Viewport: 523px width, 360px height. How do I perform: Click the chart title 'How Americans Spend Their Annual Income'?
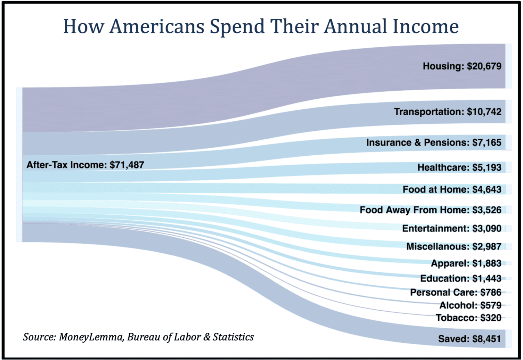pos(261,27)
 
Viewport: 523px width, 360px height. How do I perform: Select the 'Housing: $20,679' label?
pos(462,66)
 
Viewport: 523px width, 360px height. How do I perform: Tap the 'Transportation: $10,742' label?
pos(447,112)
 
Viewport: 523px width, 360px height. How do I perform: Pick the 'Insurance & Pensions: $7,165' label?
pos(433,142)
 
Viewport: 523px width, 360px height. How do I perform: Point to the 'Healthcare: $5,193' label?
pos(459,168)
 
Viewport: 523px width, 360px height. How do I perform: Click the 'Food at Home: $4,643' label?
pos(451,189)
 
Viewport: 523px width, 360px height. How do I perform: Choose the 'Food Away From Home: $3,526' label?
pos(430,210)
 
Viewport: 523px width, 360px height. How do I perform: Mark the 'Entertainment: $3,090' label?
pos(451,228)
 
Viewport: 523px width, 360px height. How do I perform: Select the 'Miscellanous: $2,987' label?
pos(454,246)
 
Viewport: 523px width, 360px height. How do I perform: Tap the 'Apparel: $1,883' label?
pos(466,263)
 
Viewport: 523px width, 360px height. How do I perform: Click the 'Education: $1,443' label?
pos(460,279)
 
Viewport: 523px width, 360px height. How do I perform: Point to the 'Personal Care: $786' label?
pos(455,292)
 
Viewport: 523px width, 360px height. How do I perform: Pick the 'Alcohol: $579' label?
pos(470,305)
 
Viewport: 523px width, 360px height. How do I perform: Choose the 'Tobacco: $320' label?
pos(468,318)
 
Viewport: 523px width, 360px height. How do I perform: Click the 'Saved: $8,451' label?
pos(469,339)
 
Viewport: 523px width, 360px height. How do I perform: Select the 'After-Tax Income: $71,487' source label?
pos(85,165)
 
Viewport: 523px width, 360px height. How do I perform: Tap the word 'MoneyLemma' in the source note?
pos(91,337)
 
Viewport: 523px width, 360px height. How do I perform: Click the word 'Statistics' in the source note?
pos(233,337)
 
